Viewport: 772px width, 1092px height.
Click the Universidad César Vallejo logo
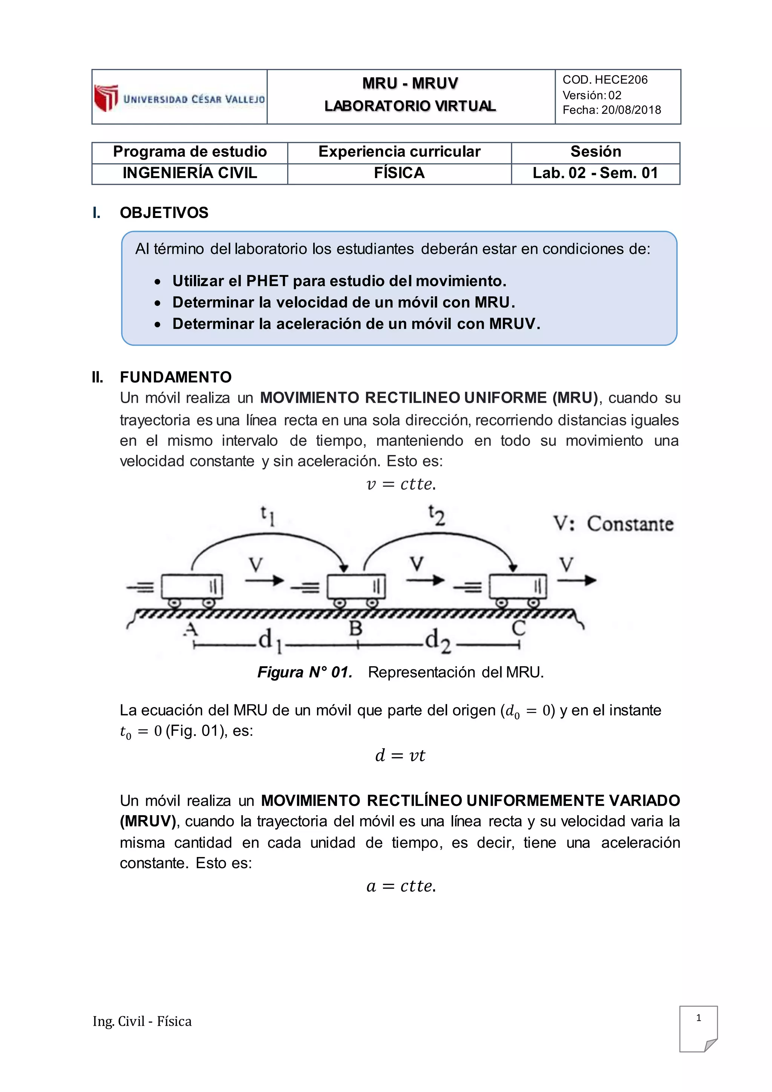click(x=179, y=98)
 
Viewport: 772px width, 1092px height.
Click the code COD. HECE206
click(x=605, y=80)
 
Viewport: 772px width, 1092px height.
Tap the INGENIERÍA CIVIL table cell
click(x=190, y=173)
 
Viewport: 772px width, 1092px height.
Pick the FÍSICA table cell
click(x=399, y=173)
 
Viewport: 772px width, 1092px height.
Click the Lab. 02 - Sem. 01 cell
click(x=595, y=173)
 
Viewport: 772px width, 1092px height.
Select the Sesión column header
click(x=595, y=152)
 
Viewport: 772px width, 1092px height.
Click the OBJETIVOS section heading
click(x=164, y=213)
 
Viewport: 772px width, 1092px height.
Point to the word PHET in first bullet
click(x=267, y=281)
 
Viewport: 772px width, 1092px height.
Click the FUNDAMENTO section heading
click(x=175, y=377)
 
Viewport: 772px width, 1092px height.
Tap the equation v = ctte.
click(x=401, y=484)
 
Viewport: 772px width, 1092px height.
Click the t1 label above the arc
click(x=267, y=515)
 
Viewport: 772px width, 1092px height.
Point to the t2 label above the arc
click(x=437, y=515)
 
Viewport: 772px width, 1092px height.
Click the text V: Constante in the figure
click(x=613, y=524)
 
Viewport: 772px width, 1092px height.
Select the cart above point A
click(x=191, y=588)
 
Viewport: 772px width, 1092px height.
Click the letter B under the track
click(x=355, y=629)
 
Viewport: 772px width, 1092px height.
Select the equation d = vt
click(x=400, y=755)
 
